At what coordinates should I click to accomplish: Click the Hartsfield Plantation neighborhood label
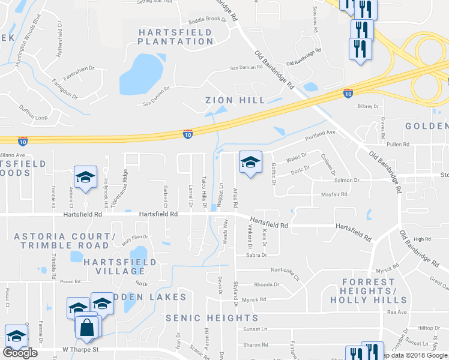tap(175, 36)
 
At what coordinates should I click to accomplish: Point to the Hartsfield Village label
tap(120, 266)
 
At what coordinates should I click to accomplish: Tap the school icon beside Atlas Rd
tap(250, 161)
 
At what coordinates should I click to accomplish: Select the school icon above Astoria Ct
tap(85, 177)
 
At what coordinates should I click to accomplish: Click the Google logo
tap(20, 353)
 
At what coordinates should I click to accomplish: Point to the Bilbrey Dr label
tap(368, 106)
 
